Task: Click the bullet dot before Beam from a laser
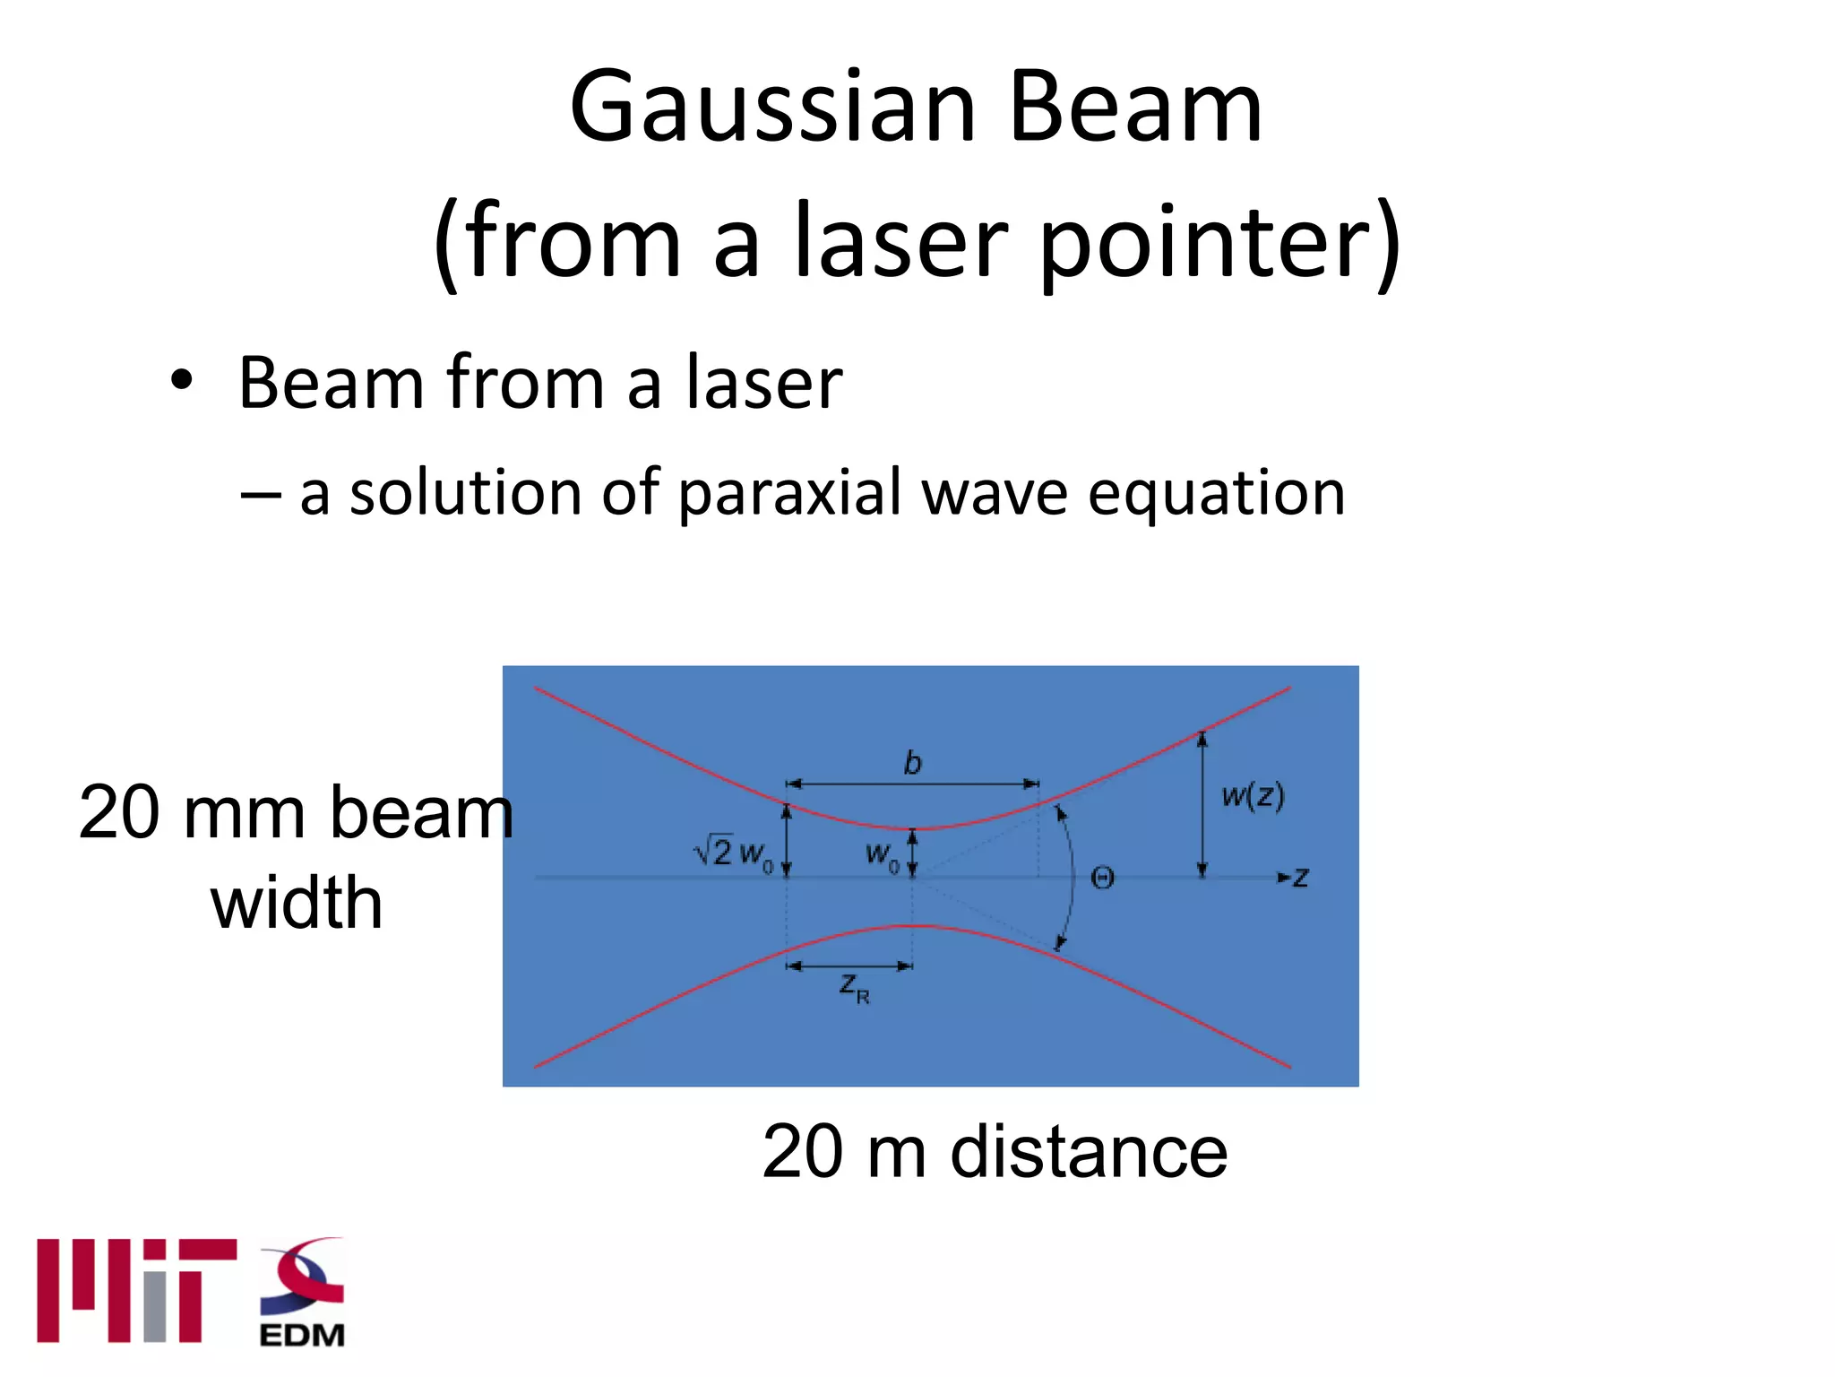tap(182, 381)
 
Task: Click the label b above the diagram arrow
tap(912, 763)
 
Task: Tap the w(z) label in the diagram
tap(1253, 795)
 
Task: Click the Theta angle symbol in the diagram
tap(1102, 878)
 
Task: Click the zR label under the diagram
tap(853, 988)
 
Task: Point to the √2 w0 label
tap(733, 852)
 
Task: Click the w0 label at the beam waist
tap(882, 854)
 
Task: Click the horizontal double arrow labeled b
tap(912, 784)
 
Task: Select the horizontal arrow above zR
tap(849, 966)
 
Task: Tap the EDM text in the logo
tap(302, 1335)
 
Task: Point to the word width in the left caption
tap(297, 903)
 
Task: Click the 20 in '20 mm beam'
tap(120, 812)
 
